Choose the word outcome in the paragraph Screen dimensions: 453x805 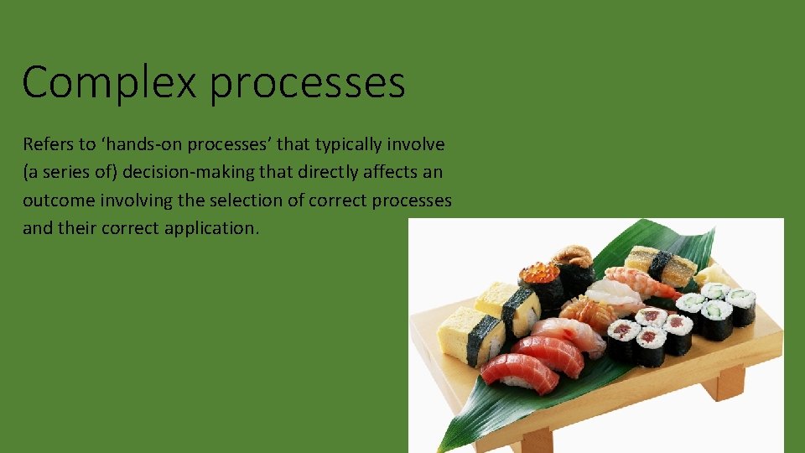[x=55, y=200]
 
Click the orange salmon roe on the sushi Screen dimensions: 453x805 [x=539, y=273]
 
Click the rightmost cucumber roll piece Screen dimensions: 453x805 [x=741, y=306]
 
